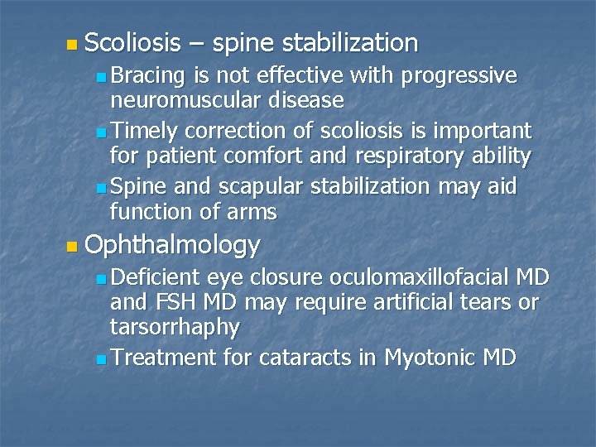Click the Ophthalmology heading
172,244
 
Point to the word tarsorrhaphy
175,328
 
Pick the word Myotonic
432,358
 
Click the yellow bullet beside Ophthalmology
73,246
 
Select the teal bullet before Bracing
100,78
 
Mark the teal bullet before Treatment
100,359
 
